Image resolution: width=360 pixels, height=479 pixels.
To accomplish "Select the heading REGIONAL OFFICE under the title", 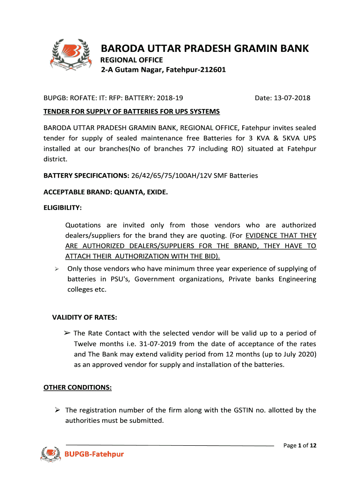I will (x=132, y=60).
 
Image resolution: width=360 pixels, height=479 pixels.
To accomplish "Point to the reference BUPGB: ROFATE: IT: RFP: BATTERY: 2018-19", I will (x=113, y=98).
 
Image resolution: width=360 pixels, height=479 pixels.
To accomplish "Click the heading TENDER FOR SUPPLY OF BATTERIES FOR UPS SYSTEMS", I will (x=131, y=112).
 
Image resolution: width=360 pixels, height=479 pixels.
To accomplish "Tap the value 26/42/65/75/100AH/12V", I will (x=172, y=175).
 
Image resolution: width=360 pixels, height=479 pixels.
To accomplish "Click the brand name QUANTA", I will (x=133, y=191).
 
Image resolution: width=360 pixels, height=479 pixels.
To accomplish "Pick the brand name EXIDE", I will (x=157, y=191).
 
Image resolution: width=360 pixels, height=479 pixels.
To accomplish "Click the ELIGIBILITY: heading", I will (x=63, y=207).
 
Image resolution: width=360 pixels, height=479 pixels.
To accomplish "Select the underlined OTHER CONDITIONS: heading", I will (x=78, y=387).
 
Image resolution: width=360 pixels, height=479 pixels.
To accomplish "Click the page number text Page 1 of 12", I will (x=300, y=445).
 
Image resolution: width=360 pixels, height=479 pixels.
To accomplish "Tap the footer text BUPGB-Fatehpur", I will (x=94, y=454).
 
